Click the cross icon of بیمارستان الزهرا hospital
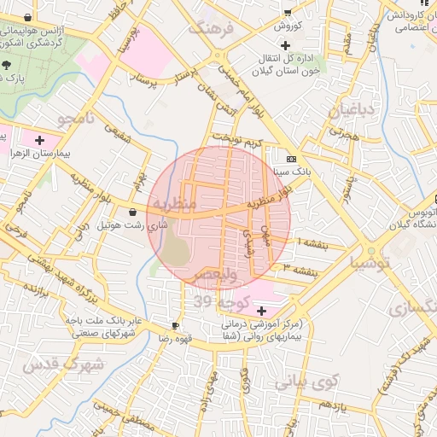(x=39, y=139)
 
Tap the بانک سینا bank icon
(x=292, y=159)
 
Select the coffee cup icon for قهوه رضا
(x=175, y=326)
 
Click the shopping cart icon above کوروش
(x=287, y=12)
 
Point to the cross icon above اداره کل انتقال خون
(x=285, y=44)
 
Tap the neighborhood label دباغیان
(x=352, y=110)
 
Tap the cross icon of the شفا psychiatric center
(x=260, y=311)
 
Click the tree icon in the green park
(x=7, y=65)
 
